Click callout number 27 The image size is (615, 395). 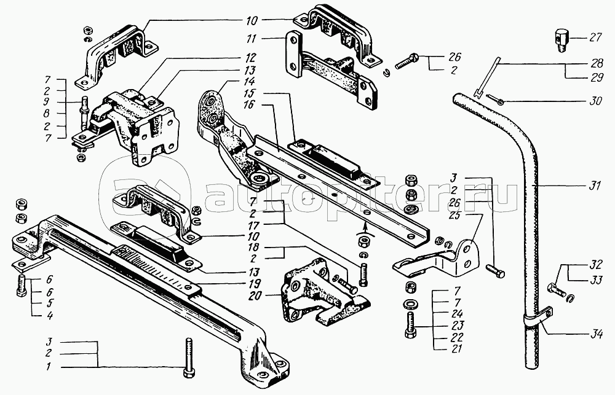[x=595, y=38]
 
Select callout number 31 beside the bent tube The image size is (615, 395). [x=594, y=187]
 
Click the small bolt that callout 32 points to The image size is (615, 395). [x=555, y=290]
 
